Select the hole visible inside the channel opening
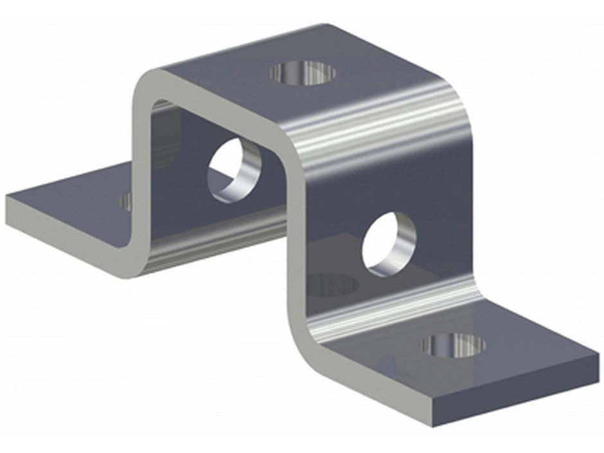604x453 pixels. click(x=233, y=170)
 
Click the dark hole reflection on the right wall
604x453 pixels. click(x=332, y=285)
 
